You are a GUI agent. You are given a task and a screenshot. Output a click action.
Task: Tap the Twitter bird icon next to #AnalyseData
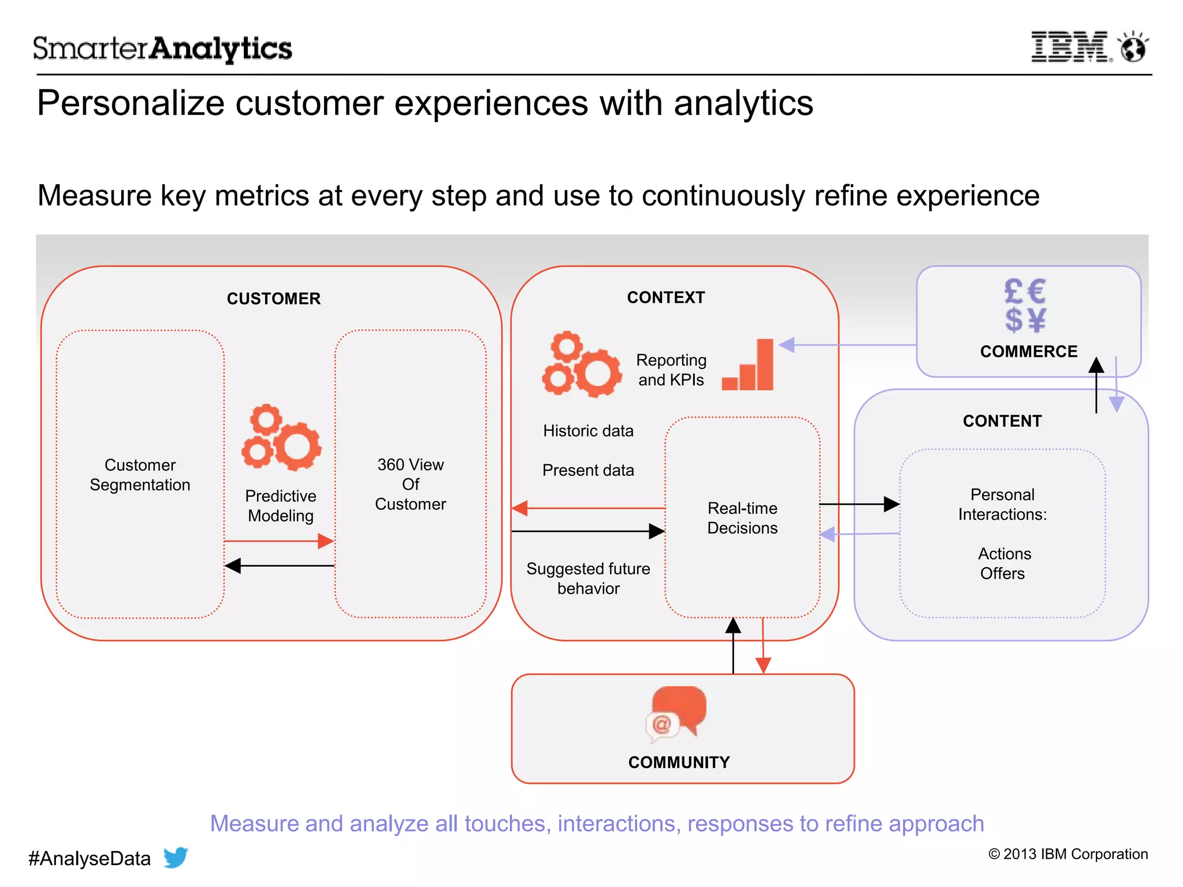coord(176,858)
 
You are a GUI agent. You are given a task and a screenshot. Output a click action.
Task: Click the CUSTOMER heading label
coord(273,299)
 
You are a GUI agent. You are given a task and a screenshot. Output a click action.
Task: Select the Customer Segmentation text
coord(140,475)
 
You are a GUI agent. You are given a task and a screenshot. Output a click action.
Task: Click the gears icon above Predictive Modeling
coord(281,437)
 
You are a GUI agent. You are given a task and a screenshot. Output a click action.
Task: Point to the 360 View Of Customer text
coord(410,484)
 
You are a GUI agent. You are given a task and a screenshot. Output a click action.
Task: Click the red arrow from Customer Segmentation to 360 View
coord(279,541)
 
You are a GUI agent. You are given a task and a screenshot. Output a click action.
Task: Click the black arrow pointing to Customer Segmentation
coord(279,566)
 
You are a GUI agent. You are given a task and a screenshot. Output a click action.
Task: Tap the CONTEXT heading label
coord(666,297)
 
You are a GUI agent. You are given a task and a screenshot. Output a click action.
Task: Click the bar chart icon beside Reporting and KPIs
coord(749,366)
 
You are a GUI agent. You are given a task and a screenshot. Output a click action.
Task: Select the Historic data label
coord(588,431)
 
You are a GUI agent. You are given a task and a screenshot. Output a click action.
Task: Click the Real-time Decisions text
coord(742,518)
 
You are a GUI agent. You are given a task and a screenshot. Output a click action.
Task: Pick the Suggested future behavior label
coord(588,579)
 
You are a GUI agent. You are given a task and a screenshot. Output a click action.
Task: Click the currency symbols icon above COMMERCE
coord(1025,305)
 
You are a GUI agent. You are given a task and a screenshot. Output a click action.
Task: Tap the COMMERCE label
coord(1028,352)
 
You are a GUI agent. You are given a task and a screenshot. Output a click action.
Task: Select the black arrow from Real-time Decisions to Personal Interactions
coord(859,504)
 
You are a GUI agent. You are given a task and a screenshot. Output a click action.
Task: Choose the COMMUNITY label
coord(679,762)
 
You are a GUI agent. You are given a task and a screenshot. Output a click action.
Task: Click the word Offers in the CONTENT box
coord(1002,573)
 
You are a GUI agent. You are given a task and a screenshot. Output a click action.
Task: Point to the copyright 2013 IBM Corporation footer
coord(1068,854)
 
